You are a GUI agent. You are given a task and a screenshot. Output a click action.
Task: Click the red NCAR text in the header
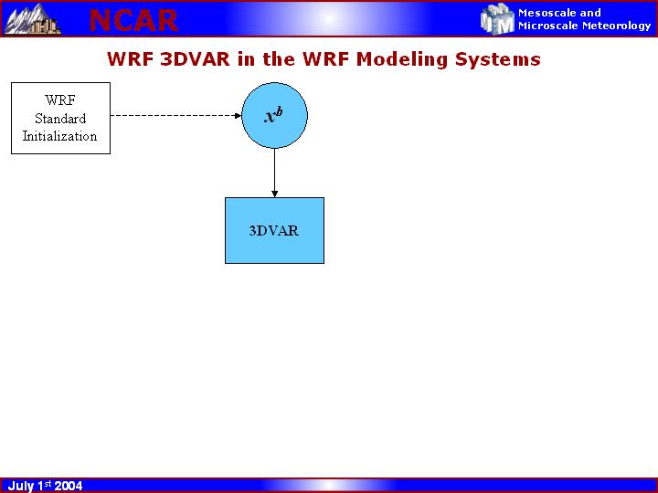(133, 20)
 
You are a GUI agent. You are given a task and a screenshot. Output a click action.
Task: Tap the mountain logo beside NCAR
(32, 19)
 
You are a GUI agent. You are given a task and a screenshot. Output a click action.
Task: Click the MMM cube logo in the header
(497, 19)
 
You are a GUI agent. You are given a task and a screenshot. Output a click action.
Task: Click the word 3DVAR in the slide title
(196, 59)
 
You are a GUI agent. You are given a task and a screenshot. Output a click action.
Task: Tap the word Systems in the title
(498, 60)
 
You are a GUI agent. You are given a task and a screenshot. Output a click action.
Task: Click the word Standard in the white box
(60, 119)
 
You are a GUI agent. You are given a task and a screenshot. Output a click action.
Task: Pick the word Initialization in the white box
(59, 136)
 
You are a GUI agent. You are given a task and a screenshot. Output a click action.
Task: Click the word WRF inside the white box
(60, 100)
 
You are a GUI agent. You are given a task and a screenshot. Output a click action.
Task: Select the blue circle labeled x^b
(274, 115)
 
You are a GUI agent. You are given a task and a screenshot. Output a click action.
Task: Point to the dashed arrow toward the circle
(175, 115)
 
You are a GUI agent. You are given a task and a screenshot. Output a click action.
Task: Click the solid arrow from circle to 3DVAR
(274, 173)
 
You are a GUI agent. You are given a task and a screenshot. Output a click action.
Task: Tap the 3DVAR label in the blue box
(274, 231)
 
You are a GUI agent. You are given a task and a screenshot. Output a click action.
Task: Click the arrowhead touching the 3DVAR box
(274, 194)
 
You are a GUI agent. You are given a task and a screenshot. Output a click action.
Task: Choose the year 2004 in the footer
(68, 486)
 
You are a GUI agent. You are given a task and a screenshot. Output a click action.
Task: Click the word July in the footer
(21, 486)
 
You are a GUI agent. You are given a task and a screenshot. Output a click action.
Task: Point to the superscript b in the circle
(279, 112)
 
